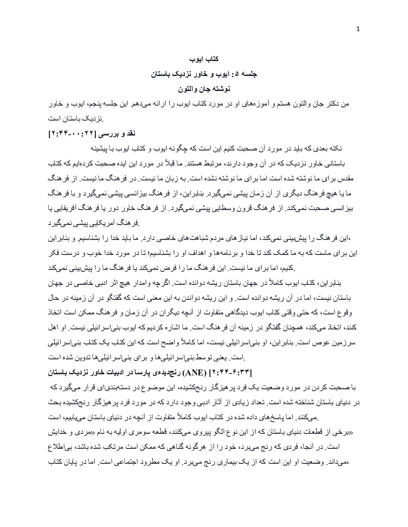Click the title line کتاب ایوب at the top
(x=204, y=59)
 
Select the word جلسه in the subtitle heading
(x=249, y=74)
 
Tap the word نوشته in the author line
(x=220, y=89)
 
